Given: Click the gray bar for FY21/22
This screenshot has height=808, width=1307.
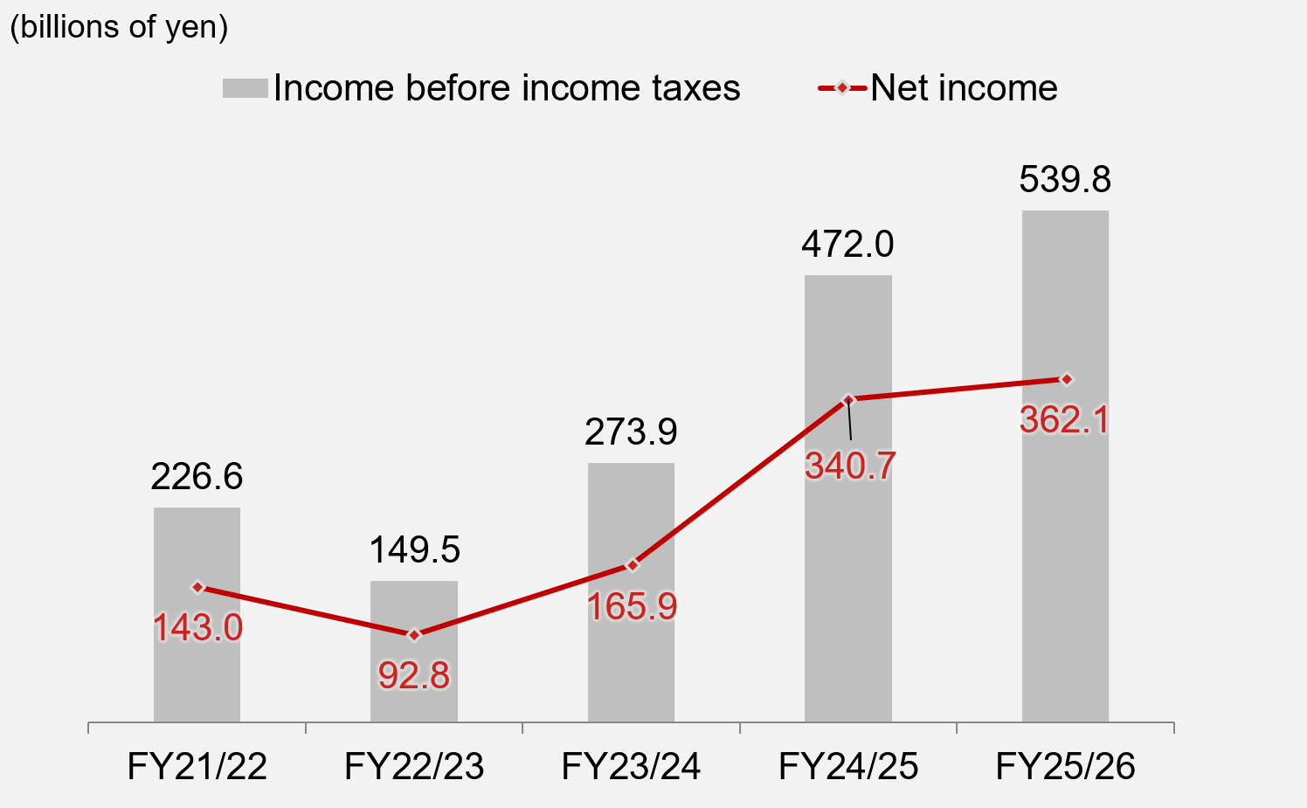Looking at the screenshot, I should click(x=197, y=664).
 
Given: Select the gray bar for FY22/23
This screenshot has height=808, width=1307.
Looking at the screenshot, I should click(x=414, y=690).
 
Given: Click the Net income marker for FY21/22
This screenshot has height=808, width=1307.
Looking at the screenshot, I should click(x=197, y=587).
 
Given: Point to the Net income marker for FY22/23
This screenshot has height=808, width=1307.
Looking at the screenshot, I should click(x=414, y=634).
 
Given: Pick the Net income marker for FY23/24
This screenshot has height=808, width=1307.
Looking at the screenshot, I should click(x=632, y=565).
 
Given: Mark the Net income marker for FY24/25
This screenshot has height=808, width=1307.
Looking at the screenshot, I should click(x=848, y=399).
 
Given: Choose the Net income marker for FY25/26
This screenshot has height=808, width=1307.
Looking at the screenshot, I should click(x=1066, y=379).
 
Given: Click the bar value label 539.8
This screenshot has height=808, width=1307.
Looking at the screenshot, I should click(x=1065, y=179).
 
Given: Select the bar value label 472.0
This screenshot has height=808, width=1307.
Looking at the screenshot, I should click(x=847, y=244).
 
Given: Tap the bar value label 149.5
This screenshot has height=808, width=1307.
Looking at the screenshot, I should click(x=414, y=549).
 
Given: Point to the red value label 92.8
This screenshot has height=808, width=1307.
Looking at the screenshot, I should click(x=414, y=675).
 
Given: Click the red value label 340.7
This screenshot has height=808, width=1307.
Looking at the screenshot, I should click(x=850, y=466).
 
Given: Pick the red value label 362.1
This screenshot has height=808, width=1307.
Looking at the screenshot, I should click(x=1064, y=420).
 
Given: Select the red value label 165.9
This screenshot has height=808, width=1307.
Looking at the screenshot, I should click(x=632, y=606).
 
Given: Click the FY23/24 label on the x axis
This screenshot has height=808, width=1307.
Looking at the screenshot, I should click(x=631, y=766).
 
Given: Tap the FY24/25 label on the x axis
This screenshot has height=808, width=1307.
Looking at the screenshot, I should click(x=848, y=766).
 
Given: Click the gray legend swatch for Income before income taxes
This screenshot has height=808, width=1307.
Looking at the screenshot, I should click(x=245, y=88).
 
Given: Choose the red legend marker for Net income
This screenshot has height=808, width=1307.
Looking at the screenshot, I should click(x=842, y=88).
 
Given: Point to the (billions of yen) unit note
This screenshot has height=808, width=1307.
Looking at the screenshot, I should click(x=119, y=26).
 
